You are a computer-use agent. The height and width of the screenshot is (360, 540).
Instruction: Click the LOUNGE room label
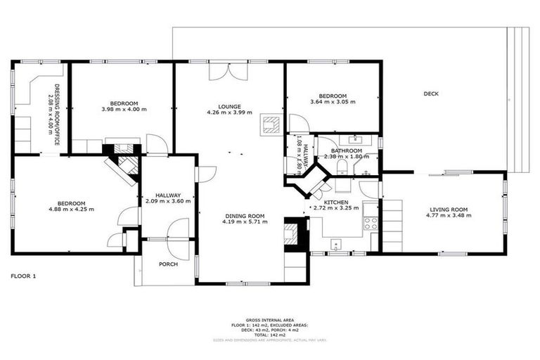[229, 107]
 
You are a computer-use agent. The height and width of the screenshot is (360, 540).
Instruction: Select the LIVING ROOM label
[447, 209]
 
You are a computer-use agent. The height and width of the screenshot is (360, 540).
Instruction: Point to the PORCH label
[168, 264]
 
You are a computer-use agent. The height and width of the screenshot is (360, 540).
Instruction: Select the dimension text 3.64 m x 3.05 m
[332, 102]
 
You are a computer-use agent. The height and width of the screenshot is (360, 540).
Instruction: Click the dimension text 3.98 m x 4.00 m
[124, 109]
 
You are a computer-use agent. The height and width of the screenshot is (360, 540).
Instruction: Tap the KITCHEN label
[335, 202]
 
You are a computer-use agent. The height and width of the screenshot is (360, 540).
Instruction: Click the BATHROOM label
[347, 150]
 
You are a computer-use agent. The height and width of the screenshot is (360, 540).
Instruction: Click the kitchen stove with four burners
[371, 223]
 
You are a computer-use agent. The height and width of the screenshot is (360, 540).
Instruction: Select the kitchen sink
[336, 245]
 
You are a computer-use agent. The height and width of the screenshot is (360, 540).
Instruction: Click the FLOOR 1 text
[23, 276]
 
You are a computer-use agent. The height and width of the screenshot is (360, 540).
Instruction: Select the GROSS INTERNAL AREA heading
[270, 319]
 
